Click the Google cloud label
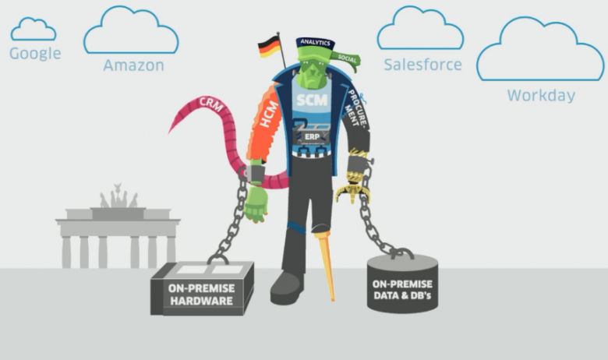point(35,54)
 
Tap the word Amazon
point(134,65)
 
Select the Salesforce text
point(422,65)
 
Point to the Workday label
point(541,95)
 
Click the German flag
point(269,47)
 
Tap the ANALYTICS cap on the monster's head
point(315,44)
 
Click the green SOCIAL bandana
point(346,60)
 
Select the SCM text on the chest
point(312,100)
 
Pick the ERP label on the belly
point(312,137)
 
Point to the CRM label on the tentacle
point(211,104)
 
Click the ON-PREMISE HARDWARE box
point(202,288)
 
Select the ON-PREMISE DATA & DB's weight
point(402,284)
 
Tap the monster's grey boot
point(286,288)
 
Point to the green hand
point(256,204)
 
